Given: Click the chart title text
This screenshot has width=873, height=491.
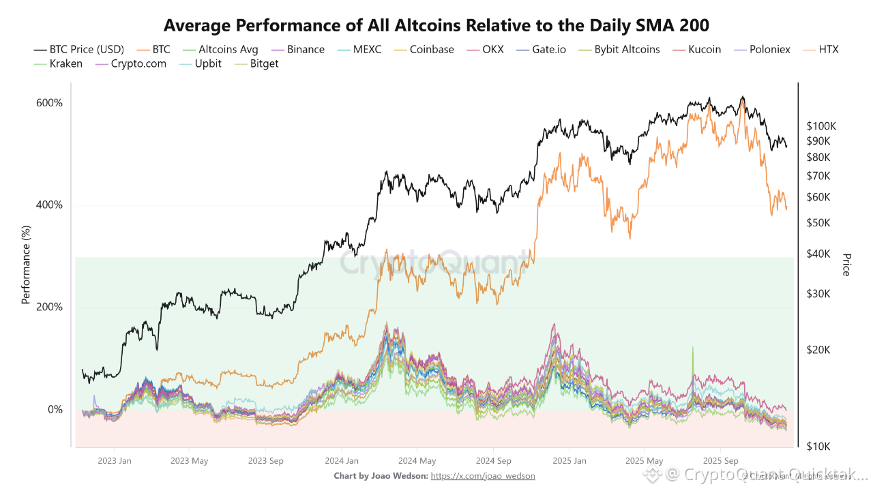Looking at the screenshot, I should pos(436,26).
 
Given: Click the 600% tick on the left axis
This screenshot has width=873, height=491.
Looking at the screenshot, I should pos(49,103).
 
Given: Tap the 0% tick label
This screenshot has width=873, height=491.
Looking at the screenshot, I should pos(55,410).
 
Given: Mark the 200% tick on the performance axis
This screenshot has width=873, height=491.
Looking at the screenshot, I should pos(49,308).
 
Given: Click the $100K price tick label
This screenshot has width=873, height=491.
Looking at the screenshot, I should pos(821,126).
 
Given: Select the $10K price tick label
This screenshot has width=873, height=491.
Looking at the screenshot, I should pos(818,447).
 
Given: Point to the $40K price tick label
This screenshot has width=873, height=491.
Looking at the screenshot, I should pos(818,254).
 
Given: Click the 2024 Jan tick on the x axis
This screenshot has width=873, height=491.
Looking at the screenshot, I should pos(342,461).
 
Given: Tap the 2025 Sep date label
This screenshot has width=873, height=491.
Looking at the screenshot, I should pos(722,461).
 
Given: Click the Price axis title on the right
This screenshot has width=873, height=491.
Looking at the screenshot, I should pos(846,265).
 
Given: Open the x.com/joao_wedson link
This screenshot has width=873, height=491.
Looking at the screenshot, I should pos(483,475).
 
